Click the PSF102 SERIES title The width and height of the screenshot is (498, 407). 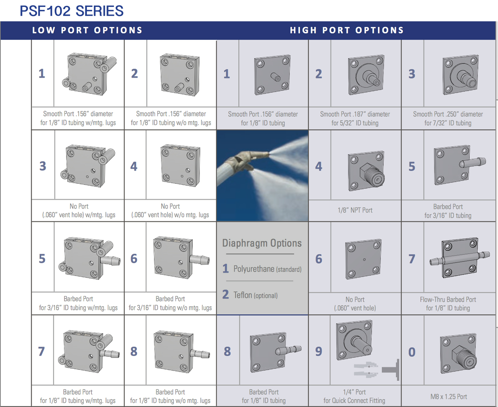coord(71,11)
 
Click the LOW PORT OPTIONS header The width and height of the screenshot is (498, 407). coord(87,30)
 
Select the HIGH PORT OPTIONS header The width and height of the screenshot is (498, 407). coord(347,30)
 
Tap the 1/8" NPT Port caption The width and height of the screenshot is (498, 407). coord(355,210)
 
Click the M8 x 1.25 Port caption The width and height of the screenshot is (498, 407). coord(448,397)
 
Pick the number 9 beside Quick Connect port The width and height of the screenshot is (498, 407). coord(319,352)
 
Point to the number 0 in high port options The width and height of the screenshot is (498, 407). coord(412,352)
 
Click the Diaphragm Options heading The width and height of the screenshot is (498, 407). coord(262,243)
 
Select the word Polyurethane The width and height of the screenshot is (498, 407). coord(254,269)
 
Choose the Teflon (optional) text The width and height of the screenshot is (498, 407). coord(255,295)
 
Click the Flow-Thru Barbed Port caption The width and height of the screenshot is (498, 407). coord(448,300)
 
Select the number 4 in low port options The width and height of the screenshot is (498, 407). coord(134,166)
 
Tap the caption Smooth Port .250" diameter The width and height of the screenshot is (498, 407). coord(448,114)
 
